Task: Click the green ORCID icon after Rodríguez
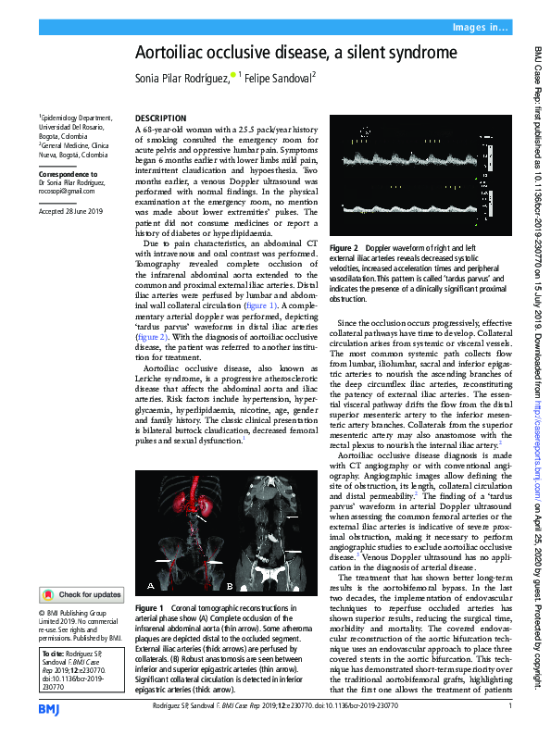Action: pyautogui.click(x=232, y=78)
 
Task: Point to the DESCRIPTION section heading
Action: pyautogui.click(x=161, y=119)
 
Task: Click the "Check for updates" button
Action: pyautogui.click(x=81, y=594)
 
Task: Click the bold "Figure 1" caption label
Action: pyautogui.click(x=149, y=607)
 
